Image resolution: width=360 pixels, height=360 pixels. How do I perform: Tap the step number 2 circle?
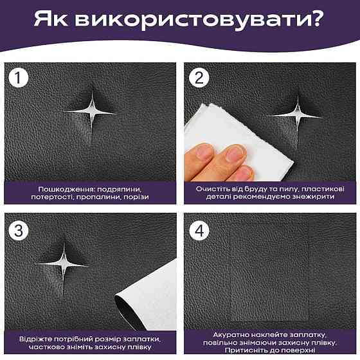(x=199, y=78)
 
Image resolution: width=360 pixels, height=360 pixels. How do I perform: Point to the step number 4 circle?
(x=199, y=230)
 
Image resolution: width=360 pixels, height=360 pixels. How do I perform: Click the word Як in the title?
(x=51, y=19)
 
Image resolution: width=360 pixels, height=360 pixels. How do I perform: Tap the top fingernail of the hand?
(x=205, y=150)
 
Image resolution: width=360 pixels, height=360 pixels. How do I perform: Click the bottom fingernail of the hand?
(x=243, y=173)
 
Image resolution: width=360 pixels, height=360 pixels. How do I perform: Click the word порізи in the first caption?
(x=136, y=197)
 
